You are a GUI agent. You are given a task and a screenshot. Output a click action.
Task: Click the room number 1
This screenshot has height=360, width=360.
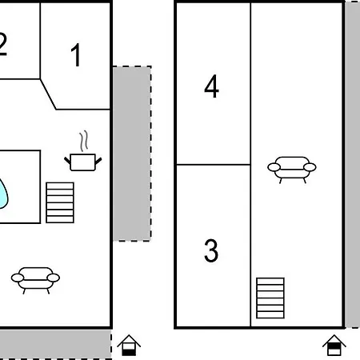tap(76, 54)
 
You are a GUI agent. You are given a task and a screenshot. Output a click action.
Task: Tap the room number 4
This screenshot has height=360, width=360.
tap(211, 86)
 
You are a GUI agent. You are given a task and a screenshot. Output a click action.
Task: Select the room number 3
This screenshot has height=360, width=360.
tap(211, 250)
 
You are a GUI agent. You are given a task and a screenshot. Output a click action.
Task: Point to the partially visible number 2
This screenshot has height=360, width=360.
tap(2, 44)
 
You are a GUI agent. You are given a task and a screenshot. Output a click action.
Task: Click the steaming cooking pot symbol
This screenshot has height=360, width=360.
tap(83, 162)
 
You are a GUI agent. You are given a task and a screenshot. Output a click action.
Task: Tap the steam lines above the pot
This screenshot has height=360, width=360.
tap(84, 141)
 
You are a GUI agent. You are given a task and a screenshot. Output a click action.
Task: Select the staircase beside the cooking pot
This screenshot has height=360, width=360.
tap(60, 202)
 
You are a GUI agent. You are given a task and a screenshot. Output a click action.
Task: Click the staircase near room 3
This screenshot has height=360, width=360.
tap(270, 298)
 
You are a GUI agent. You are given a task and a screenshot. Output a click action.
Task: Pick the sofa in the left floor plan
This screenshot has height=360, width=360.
tap(35, 280)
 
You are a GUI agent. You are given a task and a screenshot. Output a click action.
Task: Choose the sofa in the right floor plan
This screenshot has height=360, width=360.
tap(292, 170)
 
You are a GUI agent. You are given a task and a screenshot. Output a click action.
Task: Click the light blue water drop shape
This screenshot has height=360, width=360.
tap(3, 194)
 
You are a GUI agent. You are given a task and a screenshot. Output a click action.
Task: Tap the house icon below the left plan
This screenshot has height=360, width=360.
tap(129, 345)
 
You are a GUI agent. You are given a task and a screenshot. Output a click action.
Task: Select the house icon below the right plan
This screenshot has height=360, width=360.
tap(334, 345)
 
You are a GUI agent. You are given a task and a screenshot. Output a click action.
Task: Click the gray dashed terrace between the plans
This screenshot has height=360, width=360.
tap(132, 154)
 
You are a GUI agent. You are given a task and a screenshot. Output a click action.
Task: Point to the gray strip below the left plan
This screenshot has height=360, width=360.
tap(55, 344)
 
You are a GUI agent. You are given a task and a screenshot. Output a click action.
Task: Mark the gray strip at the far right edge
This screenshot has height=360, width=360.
tap(353, 165)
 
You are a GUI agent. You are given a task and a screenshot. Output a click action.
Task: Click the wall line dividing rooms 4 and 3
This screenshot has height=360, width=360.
tap(214, 165)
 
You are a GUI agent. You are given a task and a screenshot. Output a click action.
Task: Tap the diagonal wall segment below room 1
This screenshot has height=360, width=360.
tap(48, 94)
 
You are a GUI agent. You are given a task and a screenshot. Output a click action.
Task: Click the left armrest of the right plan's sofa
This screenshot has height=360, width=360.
tap(274, 167)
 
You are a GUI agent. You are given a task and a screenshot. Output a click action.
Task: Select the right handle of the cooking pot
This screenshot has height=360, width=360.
tap(98, 161)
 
